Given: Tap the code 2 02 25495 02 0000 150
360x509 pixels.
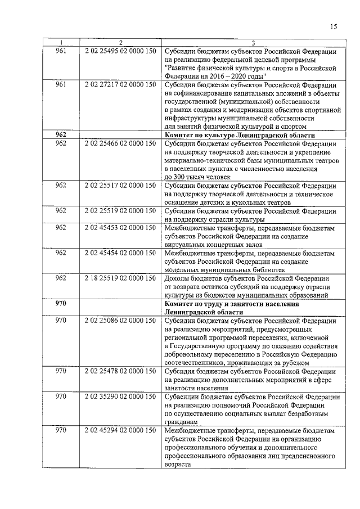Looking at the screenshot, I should pyautogui.click(x=120, y=51).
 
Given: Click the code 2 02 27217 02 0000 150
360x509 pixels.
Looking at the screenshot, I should pyautogui.click(x=120, y=84).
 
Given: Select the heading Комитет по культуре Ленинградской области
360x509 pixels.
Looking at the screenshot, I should pyautogui.click(x=238, y=136).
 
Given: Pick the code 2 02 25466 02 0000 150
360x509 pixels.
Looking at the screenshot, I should pyautogui.click(x=120, y=143).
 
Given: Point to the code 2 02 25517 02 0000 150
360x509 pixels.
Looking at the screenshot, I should pyautogui.click(x=120, y=185).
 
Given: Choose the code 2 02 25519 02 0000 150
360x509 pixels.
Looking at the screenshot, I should pyautogui.click(x=120, y=211).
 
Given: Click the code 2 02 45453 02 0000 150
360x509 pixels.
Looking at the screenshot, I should pyautogui.click(x=120, y=227).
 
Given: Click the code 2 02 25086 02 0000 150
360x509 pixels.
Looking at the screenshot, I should pyautogui.click(x=120, y=321).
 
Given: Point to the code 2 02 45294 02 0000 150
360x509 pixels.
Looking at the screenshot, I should pyautogui.click(x=120, y=430).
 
